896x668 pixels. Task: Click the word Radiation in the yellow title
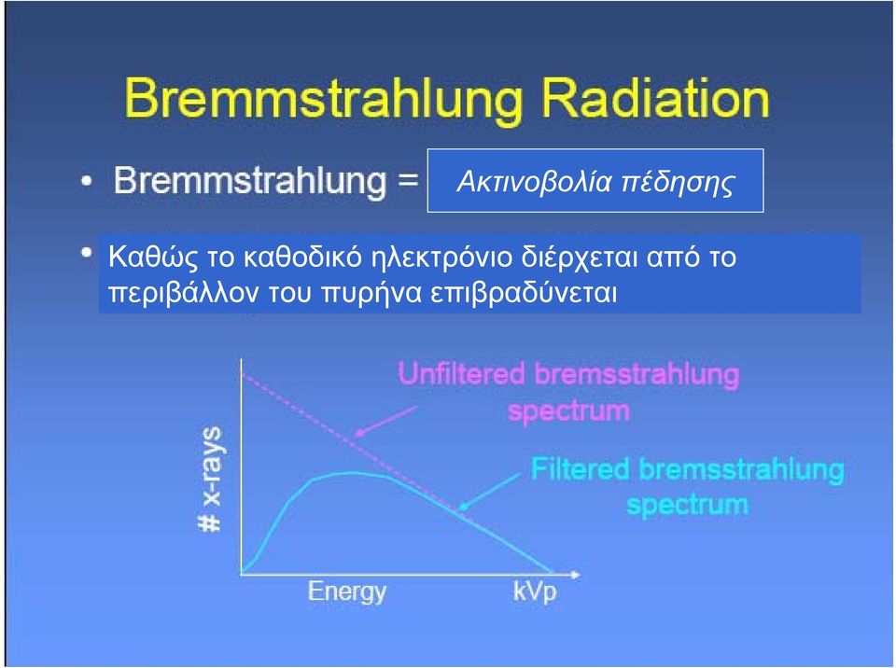(x=655, y=99)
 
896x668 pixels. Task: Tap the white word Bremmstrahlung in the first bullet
(x=250, y=182)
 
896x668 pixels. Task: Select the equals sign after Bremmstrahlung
(x=408, y=181)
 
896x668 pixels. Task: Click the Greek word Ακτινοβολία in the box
(x=534, y=182)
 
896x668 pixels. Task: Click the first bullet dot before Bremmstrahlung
(x=86, y=182)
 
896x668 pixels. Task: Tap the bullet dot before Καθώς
(x=86, y=252)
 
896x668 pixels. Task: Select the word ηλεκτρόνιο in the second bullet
(x=442, y=257)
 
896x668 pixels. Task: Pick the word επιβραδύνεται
(x=524, y=293)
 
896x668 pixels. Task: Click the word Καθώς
(x=152, y=257)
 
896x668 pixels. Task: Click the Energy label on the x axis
(x=347, y=591)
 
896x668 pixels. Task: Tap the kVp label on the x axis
(x=534, y=591)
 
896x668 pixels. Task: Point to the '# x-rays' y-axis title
(x=210, y=479)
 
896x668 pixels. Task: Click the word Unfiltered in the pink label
(x=461, y=374)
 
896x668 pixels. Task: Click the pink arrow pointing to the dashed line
(x=385, y=421)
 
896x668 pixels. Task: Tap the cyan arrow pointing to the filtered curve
(x=489, y=492)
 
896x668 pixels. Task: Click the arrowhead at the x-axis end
(x=575, y=575)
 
